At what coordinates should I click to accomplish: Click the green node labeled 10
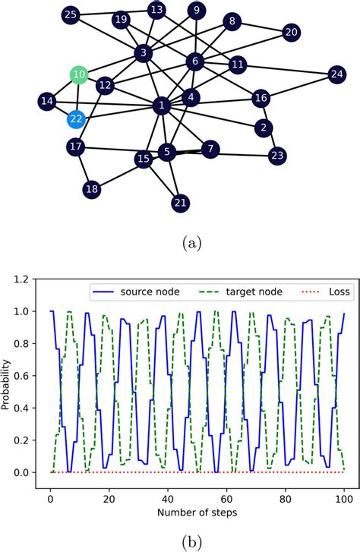click(x=79, y=74)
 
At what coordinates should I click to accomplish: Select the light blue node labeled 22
click(x=76, y=118)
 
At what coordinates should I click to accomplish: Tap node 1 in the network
click(x=161, y=106)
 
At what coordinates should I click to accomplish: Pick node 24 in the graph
click(x=336, y=74)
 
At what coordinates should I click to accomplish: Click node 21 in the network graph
click(x=180, y=203)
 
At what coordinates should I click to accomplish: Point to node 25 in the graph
click(x=71, y=14)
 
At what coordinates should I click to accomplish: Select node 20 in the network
click(x=292, y=32)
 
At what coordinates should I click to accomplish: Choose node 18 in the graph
click(x=92, y=189)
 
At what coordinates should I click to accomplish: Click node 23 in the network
click(x=277, y=156)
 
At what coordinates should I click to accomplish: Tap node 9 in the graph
click(x=197, y=10)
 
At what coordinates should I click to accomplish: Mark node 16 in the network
click(x=261, y=98)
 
